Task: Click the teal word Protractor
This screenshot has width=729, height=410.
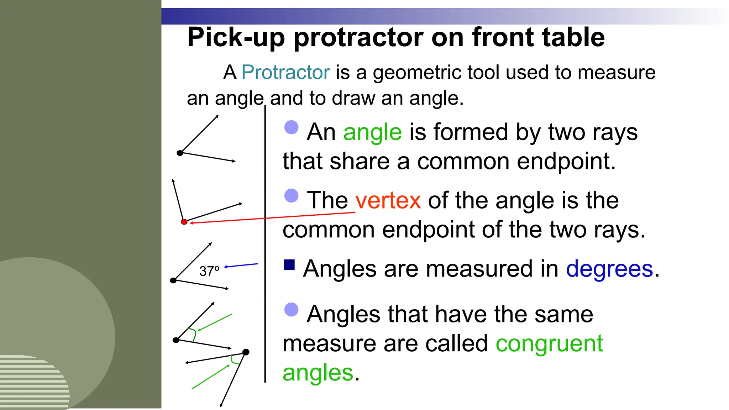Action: coord(285,72)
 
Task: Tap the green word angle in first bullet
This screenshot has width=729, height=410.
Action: coord(372,132)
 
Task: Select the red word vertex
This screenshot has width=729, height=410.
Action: coord(388,200)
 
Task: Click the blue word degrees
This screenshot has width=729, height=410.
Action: coord(609,269)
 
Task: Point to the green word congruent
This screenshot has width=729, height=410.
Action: coord(549,344)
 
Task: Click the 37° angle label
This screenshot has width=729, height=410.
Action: coord(209,271)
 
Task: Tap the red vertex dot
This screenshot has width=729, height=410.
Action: coord(184,222)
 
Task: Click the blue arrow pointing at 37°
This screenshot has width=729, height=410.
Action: coord(241,266)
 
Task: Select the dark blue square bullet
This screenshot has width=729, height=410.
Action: coord(289,265)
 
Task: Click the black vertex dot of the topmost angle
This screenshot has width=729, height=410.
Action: coord(180,153)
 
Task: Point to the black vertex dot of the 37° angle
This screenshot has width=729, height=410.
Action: coord(173,280)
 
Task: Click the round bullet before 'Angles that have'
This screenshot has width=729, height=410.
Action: coord(292,310)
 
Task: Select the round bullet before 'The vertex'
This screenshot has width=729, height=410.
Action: coord(292,195)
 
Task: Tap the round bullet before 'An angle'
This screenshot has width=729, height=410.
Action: coord(292,127)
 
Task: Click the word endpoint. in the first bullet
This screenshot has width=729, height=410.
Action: coord(566,162)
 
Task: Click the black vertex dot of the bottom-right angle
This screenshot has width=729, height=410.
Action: coord(246,352)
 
